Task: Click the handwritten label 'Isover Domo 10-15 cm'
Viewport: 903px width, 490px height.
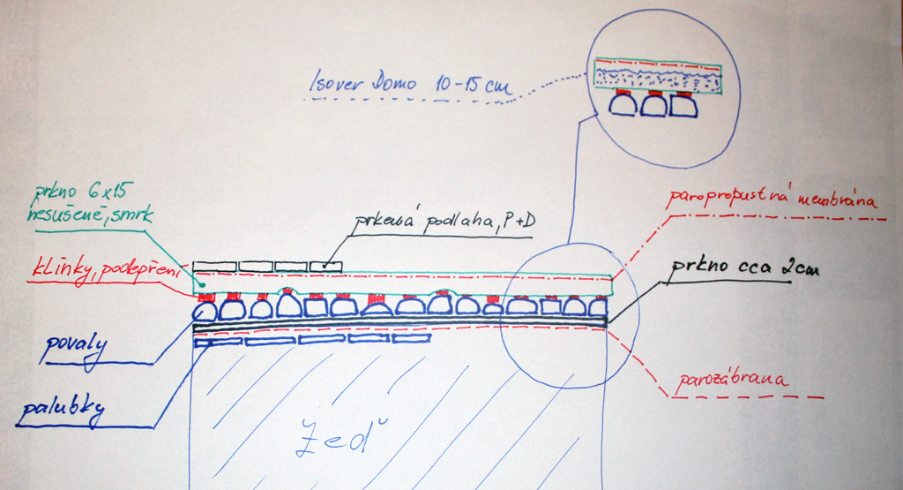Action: pos(412,86)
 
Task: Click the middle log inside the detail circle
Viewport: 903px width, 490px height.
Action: pos(654,105)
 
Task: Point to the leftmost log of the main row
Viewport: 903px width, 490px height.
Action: pos(205,311)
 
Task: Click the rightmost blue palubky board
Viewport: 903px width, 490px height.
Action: pos(411,337)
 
